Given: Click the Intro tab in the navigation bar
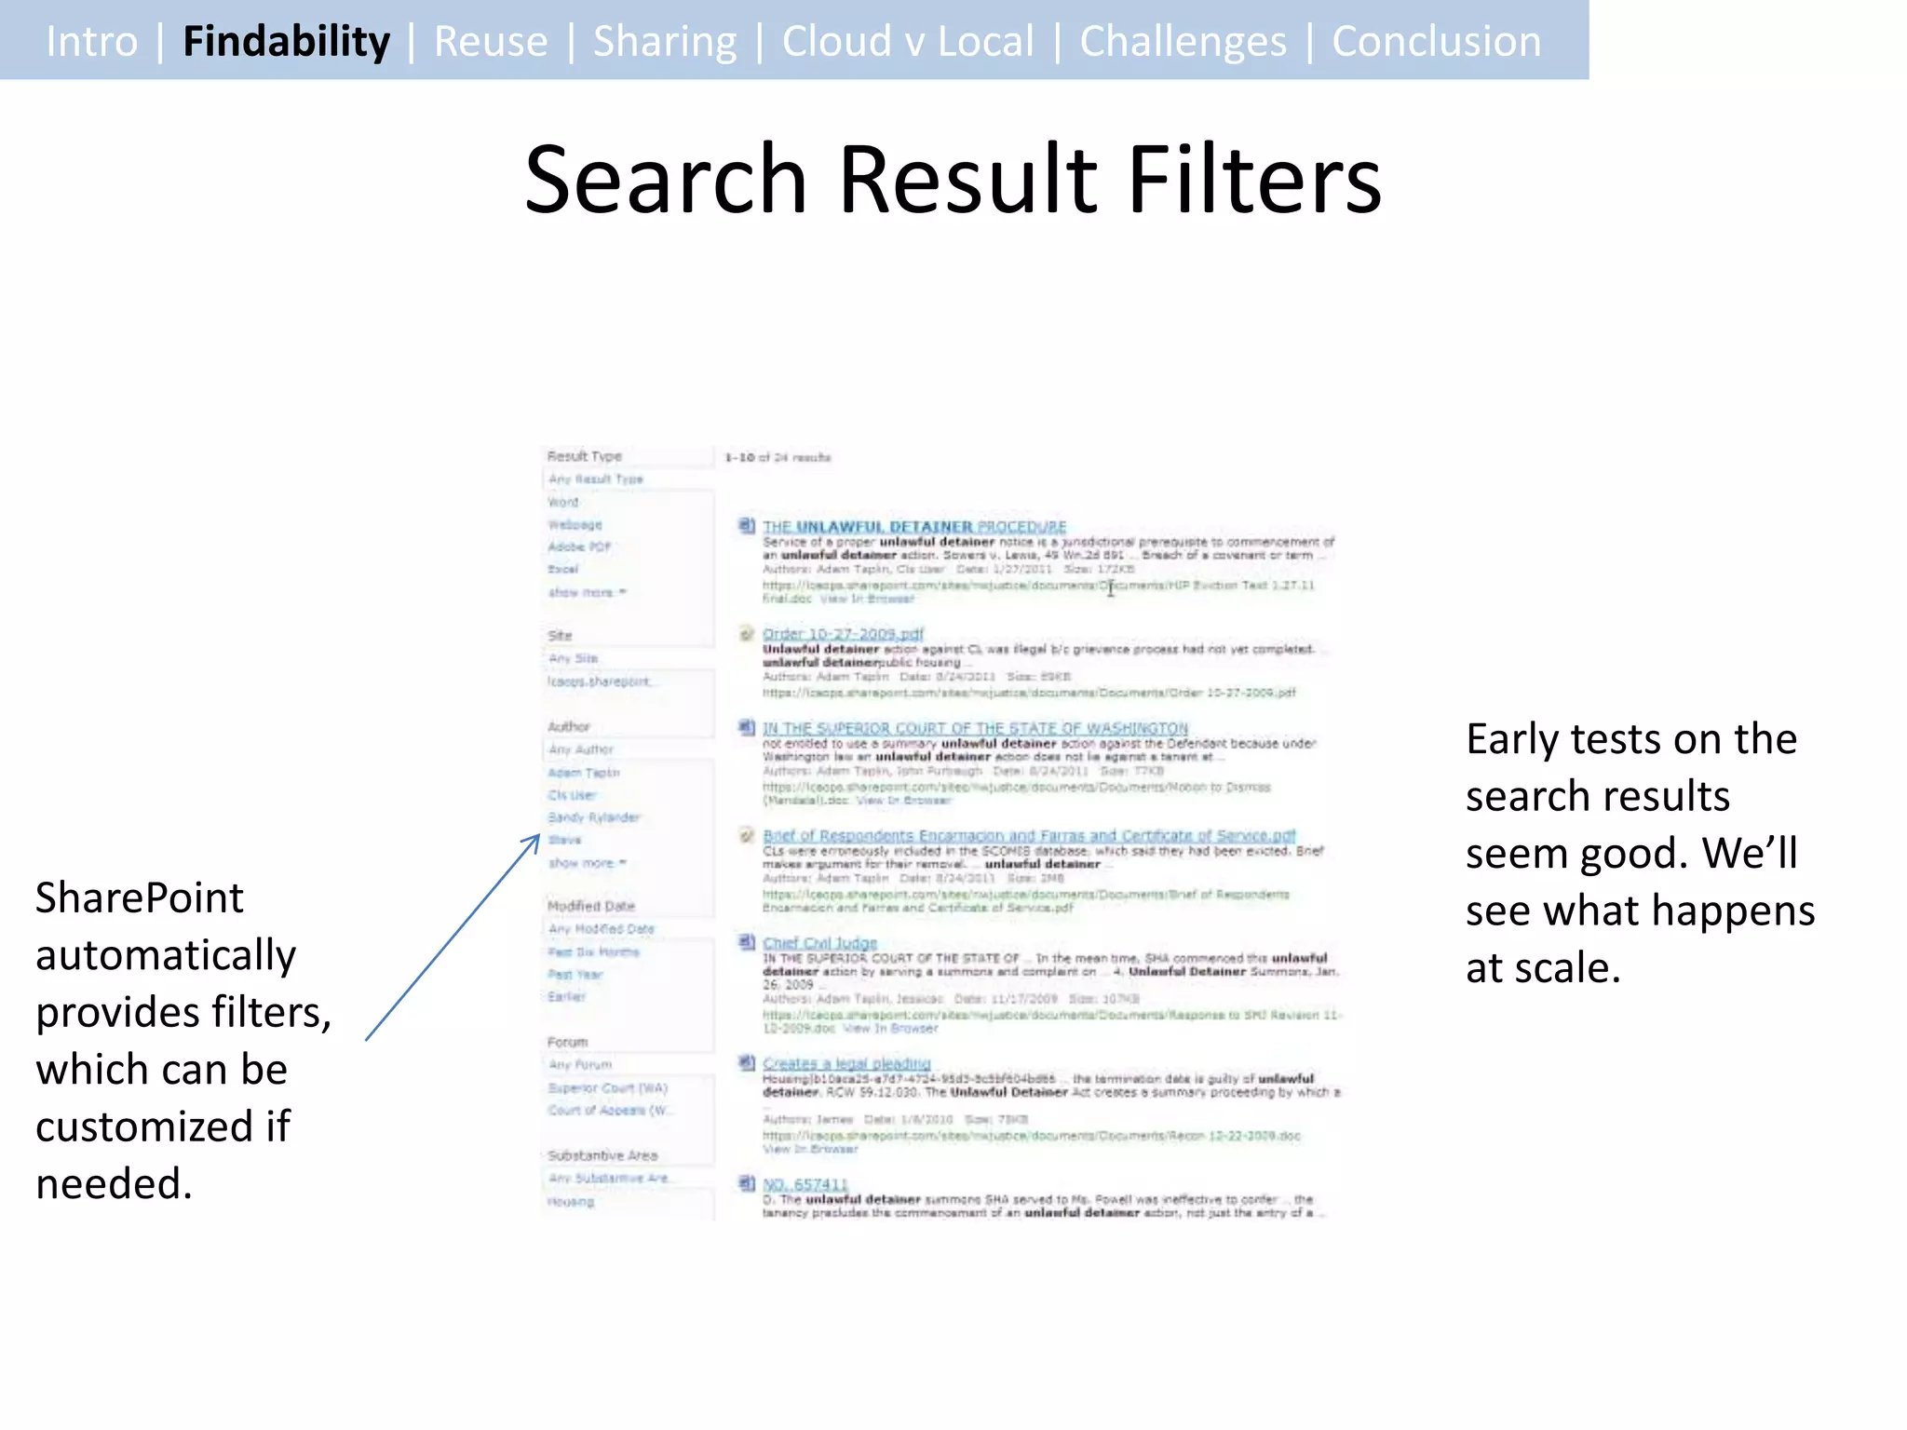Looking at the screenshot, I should point(91,42).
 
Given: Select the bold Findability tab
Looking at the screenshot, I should point(286,42).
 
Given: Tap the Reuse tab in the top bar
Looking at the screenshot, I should point(491,42).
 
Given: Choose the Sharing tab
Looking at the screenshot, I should point(665,42).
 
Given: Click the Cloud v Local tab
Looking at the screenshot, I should point(908,42).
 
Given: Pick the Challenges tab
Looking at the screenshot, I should point(1183,42).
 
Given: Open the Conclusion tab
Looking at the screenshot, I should point(1436,42).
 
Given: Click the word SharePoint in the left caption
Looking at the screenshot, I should point(140,898).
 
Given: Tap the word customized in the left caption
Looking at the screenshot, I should point(144,1126).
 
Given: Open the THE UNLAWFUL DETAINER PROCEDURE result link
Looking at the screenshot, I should point(914,527).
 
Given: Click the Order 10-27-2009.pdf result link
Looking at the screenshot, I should point(843,634).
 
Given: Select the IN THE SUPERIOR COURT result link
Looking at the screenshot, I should point(975,728).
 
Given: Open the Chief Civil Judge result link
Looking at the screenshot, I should point(819,943).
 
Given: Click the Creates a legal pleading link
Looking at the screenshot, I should point(846,1063).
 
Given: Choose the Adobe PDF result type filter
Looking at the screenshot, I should point(579,546).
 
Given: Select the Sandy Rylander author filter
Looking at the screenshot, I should point(593,817).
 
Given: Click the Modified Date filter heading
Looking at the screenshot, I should point(591,906).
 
